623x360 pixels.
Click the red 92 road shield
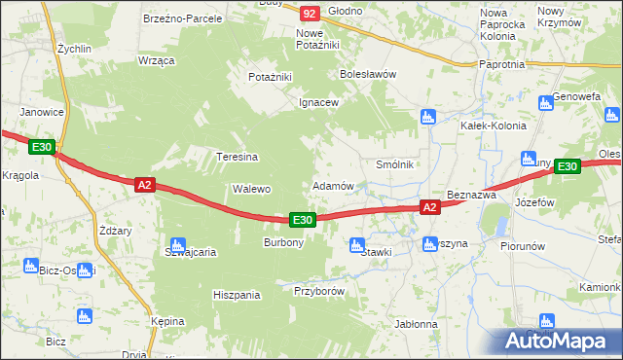pyautogui.click(x=310, y=13)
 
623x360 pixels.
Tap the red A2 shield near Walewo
pyautogui.click(x=144, y=183)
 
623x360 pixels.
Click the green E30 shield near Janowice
pyautogui.click(x=41, y=147)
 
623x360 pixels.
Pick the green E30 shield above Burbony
pyautogui.click(x=302, y=221)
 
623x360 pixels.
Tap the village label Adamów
pyautogui.click(x=332, y=185)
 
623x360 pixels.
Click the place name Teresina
pyautogui.click(x=237, y=157)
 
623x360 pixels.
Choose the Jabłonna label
pyautogui.click(x=416, y=324)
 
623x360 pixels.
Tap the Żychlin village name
pyautogui.click(x=74, y=47)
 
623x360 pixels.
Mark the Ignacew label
pyautogui.click(x=318, y=102)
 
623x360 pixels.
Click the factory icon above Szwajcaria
pyautogui.click(x=177, y=245)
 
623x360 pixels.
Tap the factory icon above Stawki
pyautogui.click(x=357, y=244)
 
